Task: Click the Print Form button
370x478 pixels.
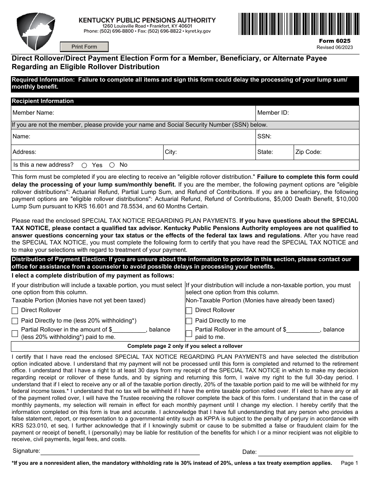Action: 84,47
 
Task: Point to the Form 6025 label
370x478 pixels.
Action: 335,41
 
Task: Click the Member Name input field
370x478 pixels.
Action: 154,113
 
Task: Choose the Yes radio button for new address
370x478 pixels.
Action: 84,165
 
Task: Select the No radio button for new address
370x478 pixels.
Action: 112,165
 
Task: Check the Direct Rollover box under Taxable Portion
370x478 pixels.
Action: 15,311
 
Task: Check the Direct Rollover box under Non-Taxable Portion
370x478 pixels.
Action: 189,311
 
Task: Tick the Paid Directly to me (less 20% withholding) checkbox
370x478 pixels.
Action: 15,321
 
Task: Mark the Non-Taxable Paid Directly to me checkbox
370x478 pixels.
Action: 189,321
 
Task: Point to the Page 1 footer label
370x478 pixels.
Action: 349,463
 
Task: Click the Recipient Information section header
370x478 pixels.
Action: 43,101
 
